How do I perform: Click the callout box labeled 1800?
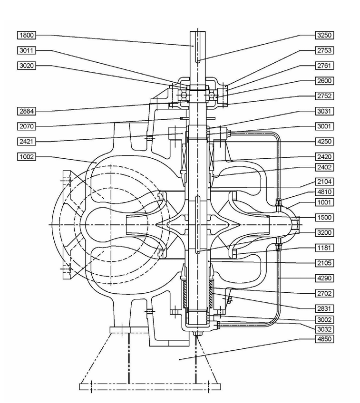27,35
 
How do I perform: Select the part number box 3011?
27,50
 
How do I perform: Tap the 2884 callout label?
27,111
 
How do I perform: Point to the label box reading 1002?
27,156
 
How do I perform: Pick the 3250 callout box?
324,35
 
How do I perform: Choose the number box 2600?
324,81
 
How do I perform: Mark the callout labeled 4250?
324,141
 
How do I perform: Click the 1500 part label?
324,218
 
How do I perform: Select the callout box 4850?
324,339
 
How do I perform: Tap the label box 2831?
324,308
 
